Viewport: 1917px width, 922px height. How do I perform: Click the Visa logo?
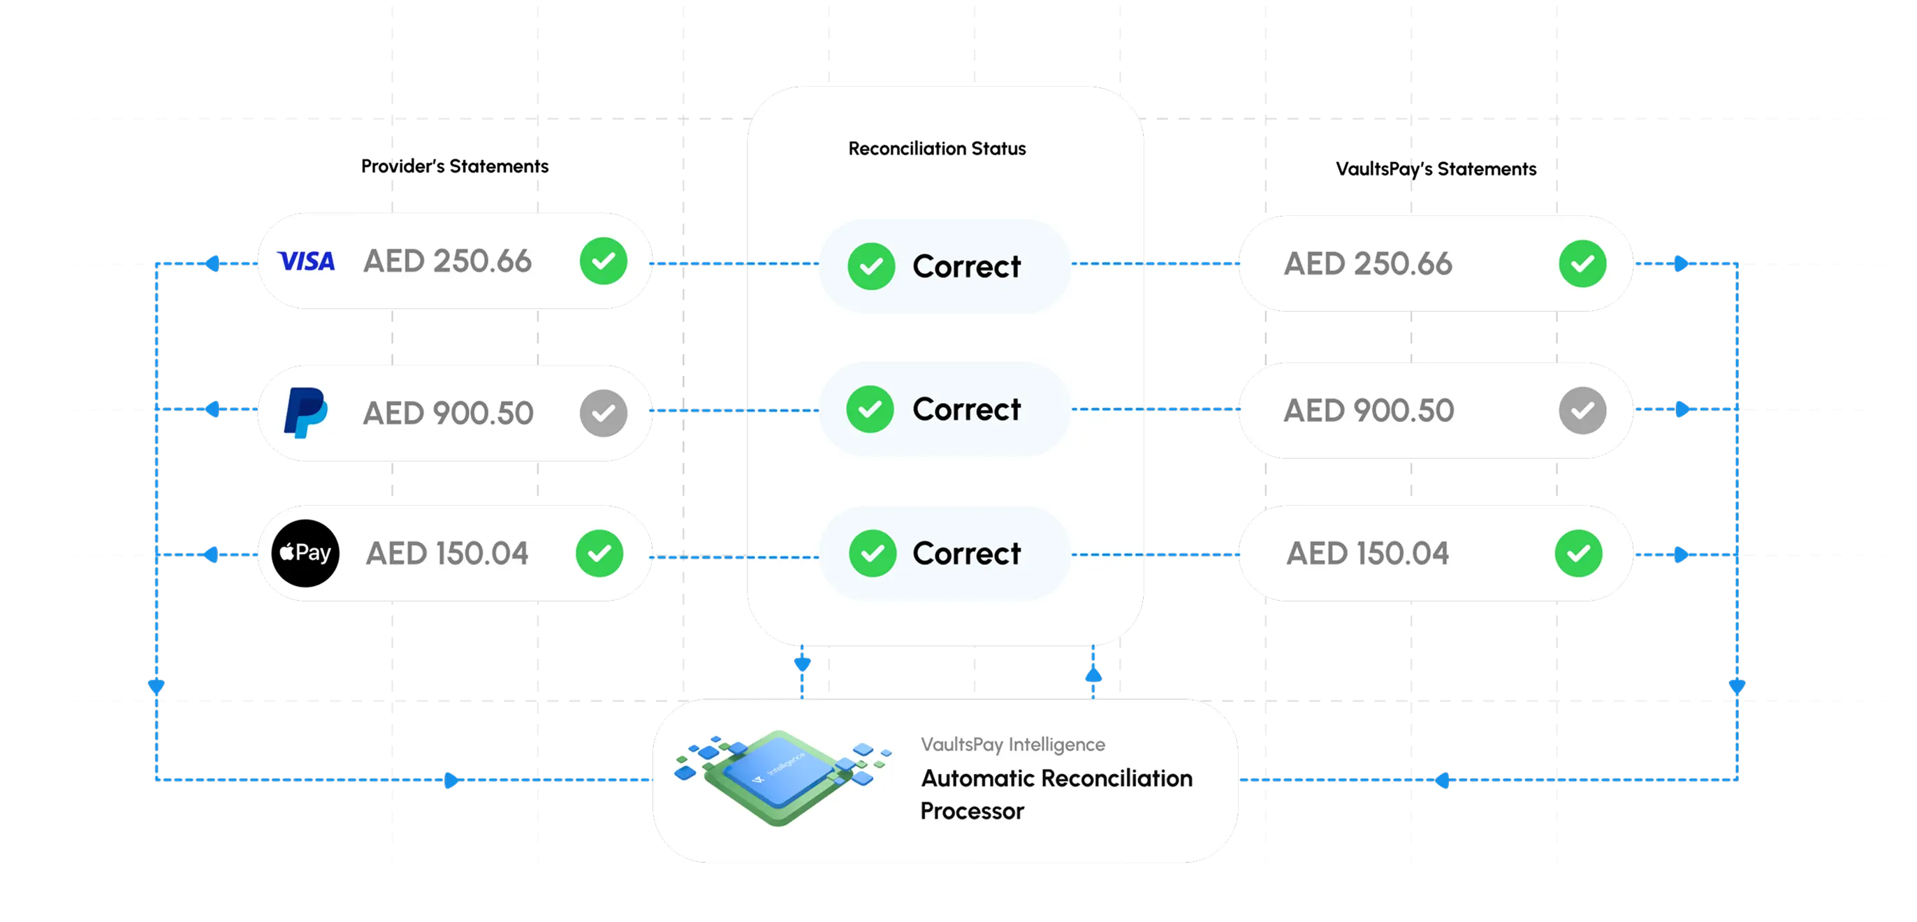[x=306, y=261]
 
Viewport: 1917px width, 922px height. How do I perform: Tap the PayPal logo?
[x=305, y=412]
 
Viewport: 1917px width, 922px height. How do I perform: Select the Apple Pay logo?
[x=305, y=553]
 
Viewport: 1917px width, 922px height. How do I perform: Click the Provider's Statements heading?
[x=455, y=166]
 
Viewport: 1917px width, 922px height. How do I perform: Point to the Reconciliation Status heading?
[x=937, y=149]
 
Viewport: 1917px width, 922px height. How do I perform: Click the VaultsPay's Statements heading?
[x=1436, y=169]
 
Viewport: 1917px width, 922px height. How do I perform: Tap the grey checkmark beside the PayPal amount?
[x=604, y=413]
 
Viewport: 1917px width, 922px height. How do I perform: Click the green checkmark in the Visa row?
[x=604, y=261]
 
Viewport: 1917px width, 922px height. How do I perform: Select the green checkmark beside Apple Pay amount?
[x=600, y=553]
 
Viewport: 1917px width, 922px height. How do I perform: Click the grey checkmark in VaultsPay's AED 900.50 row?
[x=1583, y=410]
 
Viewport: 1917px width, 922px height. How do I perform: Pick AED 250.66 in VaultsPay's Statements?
[x=1368, y=263]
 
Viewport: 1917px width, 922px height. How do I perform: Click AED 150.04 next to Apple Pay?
[x=447, y=553]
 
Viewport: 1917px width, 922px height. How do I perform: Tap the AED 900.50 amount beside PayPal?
[x=448, y=413]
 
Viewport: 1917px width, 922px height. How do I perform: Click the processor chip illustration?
[x=781, y=777]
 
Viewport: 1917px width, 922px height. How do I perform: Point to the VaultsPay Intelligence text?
[x=1013, y=744]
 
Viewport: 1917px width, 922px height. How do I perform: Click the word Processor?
[x=972, y=810]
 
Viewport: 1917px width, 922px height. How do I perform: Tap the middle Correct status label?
[x=967, y=409]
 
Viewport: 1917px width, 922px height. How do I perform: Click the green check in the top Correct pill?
[x=871, y=266]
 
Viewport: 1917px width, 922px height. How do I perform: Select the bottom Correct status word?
[x=967, y=553]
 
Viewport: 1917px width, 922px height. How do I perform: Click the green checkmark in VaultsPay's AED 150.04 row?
[x=1578, y=553]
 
